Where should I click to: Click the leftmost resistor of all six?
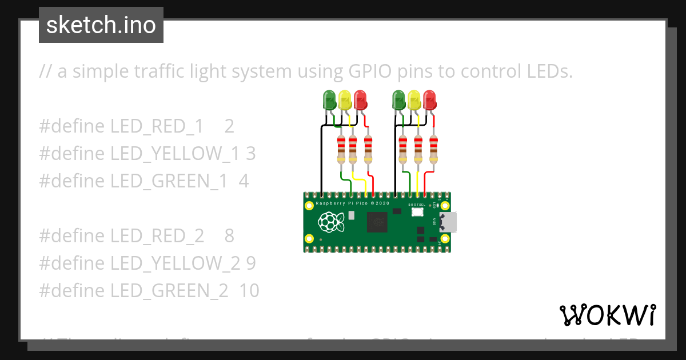(341, 149)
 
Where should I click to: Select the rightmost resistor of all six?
(433, 149)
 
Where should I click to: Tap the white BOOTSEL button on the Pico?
(417, 212)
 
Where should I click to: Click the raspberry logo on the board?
(331, 222)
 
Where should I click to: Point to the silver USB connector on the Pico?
(448, 222)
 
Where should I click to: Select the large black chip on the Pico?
(377, 222)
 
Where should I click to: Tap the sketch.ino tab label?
(101, 25)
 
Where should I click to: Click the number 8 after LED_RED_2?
(229, 236)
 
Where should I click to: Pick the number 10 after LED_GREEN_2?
(249, 291)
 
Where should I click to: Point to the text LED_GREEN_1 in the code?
(171, 181)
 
